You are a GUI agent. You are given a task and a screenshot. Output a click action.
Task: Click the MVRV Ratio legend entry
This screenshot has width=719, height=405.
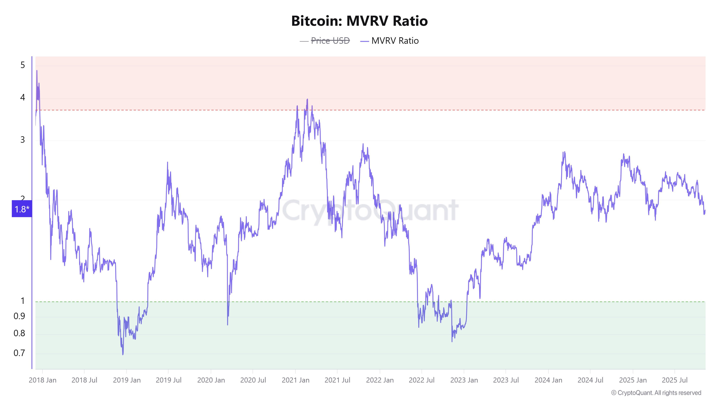(x=395, y=41)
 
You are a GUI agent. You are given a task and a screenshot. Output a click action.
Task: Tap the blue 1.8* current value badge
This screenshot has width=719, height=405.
(x=22, y=209)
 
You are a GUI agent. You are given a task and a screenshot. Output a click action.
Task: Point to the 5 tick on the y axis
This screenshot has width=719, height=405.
(x=23, y=65)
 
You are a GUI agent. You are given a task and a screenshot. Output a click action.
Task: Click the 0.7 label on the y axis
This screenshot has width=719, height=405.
(x=19, y=353)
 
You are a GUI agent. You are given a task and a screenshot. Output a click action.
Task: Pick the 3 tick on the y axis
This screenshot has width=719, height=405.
(x=23, y=140)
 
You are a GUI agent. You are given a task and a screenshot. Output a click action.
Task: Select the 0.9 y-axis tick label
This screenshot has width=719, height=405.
(x=19, y=316)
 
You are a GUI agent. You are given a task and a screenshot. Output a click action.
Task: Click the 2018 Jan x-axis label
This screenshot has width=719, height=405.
(x=42, y=380)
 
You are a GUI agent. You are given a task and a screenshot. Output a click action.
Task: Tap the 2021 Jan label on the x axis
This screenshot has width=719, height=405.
(x=296, y=380)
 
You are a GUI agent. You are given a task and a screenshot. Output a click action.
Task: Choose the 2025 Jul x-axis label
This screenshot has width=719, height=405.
(x=675, y=380)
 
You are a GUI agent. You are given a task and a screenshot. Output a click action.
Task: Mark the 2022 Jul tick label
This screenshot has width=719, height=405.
(x=422, y=380)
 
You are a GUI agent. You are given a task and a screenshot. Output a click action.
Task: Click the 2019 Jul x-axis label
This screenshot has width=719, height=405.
(x=168, y=380)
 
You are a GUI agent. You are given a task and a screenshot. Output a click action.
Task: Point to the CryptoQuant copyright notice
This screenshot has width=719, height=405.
(x=656, y=393)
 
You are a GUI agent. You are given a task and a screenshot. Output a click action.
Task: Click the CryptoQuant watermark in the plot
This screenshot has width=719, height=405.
(x=370, y=210)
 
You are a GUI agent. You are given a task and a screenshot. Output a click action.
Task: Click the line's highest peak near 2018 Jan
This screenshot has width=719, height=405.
(x=37, y=71)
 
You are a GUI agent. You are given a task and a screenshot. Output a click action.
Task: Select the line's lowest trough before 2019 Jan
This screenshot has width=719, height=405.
(x=123, y=354)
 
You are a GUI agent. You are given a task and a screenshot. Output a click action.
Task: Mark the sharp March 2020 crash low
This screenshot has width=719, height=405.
(x=228, y=325)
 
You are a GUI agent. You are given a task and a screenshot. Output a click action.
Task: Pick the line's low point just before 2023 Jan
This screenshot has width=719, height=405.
(x=452, y=341)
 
